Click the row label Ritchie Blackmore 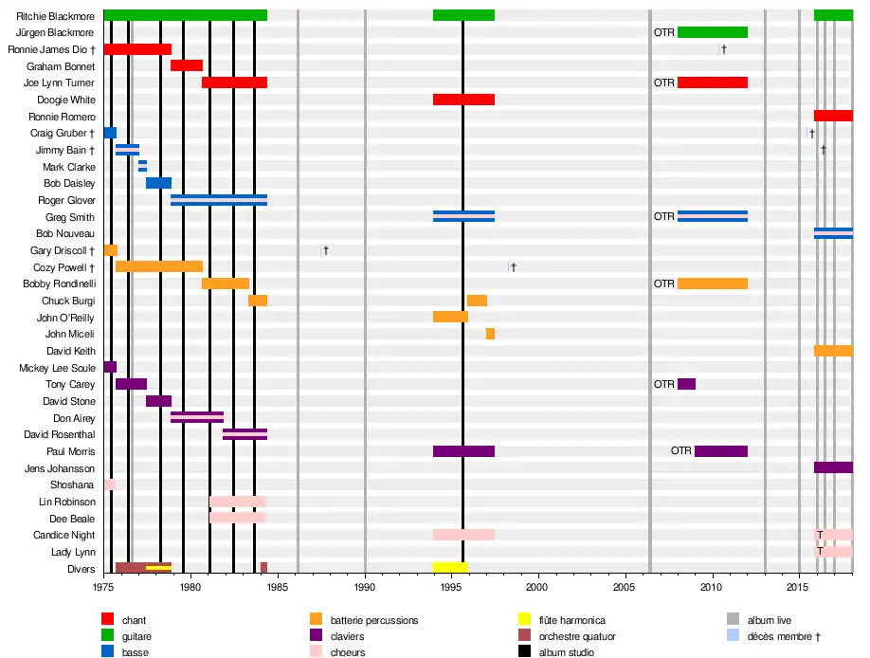[55, 16]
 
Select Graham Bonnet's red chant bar [187, 65]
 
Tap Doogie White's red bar [463, 100]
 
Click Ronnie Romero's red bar [833, 116]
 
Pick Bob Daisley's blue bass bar [158, 183]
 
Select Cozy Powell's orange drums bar [159, 266]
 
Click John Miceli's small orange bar [490, 334]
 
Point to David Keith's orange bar [833, 351]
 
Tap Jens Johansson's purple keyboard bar [833, 467]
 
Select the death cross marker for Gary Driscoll [325, 250]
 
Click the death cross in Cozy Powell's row [513, 267]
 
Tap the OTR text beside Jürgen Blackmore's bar [664, 32]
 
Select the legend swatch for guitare [107, 636]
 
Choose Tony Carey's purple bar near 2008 [686, 384]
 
